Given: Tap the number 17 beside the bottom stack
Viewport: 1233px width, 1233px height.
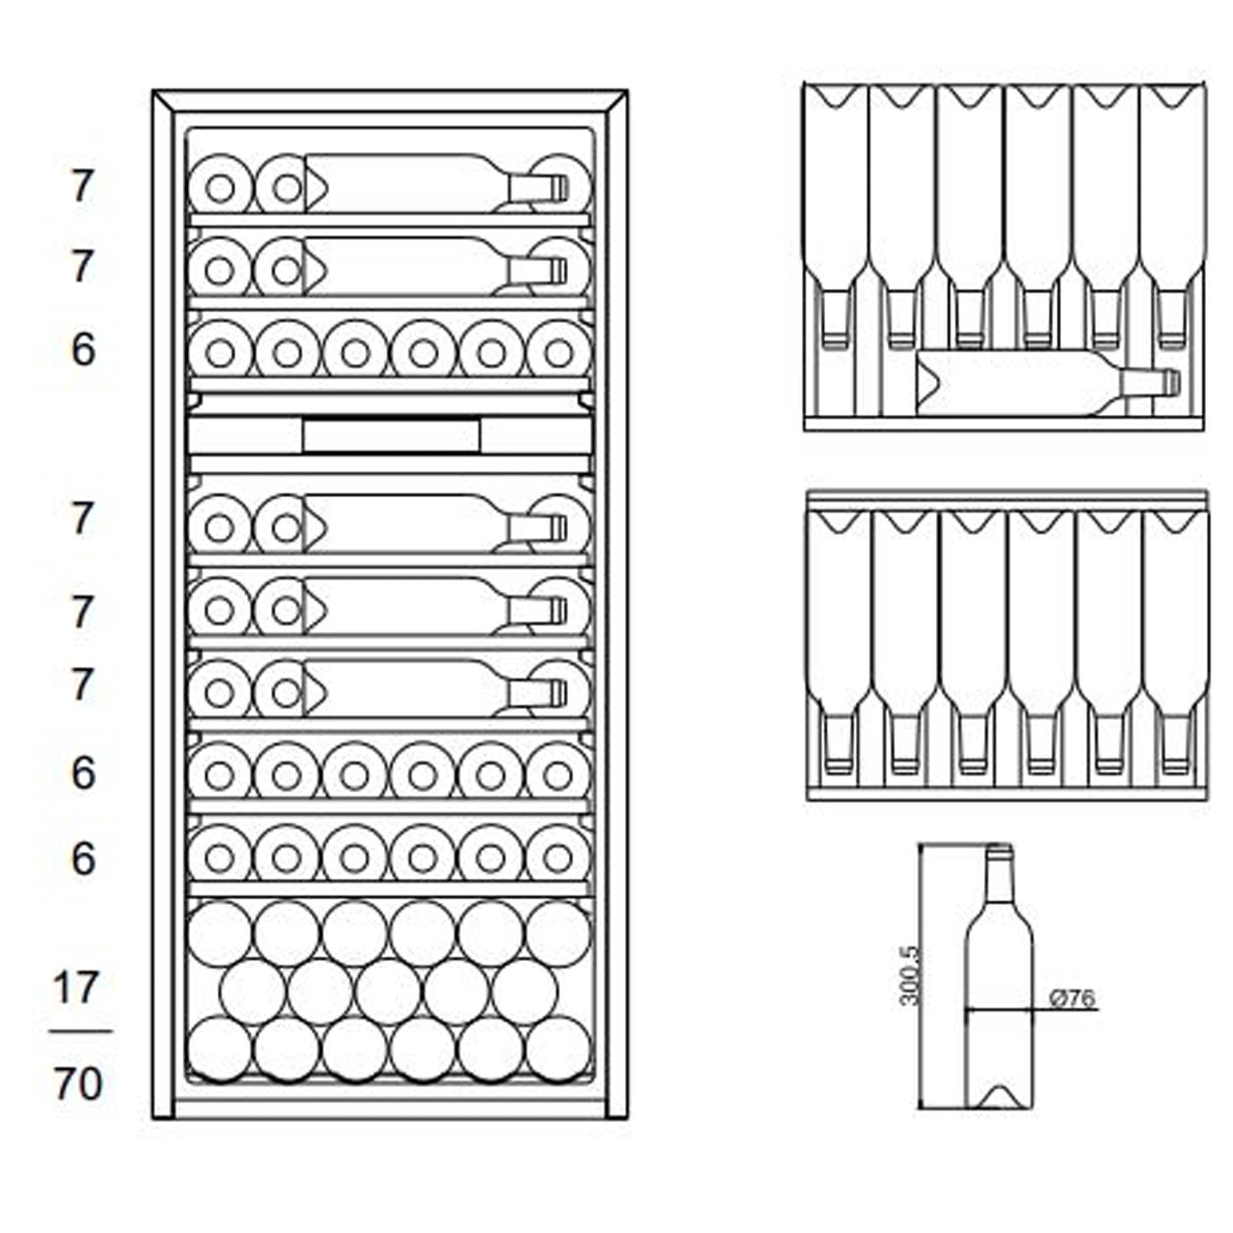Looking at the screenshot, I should click(x=77, y=989).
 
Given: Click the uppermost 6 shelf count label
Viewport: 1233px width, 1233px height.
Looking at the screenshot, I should click(x=83, y=350).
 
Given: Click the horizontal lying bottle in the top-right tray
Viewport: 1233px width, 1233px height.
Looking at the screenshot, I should click(x=1034, y=383).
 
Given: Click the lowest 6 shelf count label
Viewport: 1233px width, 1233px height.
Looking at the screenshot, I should click(x=83, y=859).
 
